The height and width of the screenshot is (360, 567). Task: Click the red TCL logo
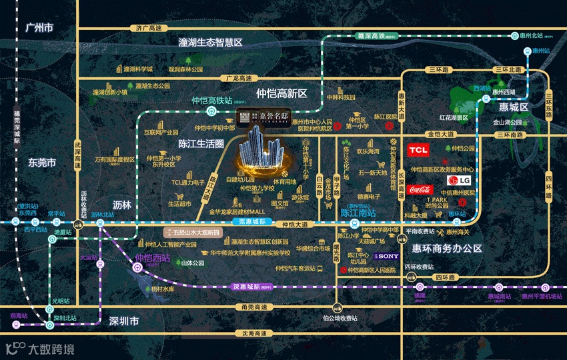point(418,150)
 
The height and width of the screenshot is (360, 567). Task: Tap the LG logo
point(460,180)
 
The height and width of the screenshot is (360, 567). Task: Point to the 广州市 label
point(38,27)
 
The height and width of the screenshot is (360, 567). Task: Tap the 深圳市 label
point(123,321)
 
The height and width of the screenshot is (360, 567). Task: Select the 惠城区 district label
point(513,107)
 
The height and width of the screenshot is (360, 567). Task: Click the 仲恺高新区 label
point(281,93)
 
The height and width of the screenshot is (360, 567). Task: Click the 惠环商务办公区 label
point(447,249)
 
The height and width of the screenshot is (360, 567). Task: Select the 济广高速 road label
point(148,28)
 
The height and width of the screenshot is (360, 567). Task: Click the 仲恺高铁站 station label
point(211,101)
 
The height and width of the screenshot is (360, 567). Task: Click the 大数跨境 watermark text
point(50,349)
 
